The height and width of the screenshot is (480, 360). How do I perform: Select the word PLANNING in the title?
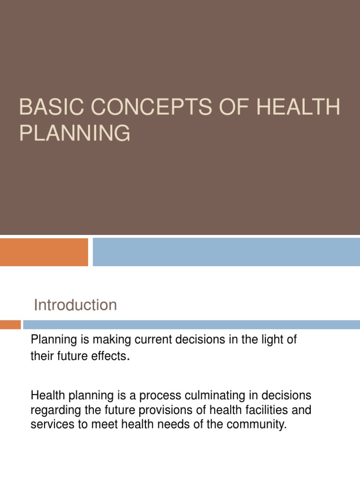pos(75,133)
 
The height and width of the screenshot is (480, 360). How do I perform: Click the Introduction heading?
pos(75,305)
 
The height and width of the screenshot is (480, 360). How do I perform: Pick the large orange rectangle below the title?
pos(44,252)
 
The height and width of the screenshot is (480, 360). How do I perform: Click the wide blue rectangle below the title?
pos(226,252)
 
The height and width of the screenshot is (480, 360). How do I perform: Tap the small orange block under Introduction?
pos(10,324)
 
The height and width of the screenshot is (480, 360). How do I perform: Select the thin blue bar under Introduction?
pos(191,324)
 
